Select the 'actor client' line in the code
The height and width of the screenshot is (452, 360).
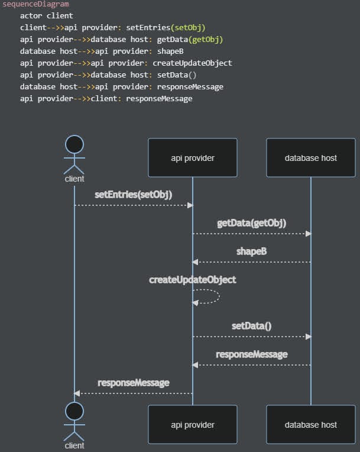click(x=47, y=16)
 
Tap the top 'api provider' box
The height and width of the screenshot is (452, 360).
click(x=193, y=158)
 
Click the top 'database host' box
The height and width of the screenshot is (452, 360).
click(x=311, y=158)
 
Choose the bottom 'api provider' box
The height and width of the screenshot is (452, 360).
click(x=193, y=424)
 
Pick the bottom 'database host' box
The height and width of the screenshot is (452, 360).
click(x=311, y=424)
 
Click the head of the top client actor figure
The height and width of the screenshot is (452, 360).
click(x=74, y=144)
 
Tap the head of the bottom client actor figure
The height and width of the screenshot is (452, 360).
click(x=74, y=411)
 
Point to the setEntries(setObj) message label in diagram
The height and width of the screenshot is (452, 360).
click(x=134, y=194)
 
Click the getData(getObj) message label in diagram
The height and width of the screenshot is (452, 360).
click(x=252, y=223)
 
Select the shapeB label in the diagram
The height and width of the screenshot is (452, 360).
click(x=252, y=251)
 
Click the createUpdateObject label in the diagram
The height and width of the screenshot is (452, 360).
click(x=193, y=279)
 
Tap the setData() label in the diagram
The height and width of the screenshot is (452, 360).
click(x=252, y=325)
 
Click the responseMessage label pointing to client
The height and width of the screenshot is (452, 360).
click(x=134, y=383)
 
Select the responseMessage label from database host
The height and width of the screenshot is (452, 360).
click(x=252, y=354)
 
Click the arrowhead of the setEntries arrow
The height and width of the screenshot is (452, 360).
click(x=190, y=205)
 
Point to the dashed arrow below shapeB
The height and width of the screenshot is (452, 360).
click(x=252, y=262)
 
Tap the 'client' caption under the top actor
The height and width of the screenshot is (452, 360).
click(x=74, y=179)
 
